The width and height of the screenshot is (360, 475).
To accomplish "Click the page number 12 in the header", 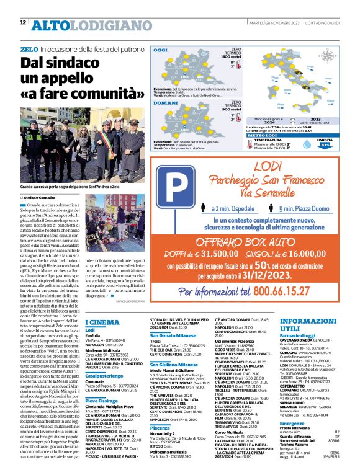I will [x=24, y=23].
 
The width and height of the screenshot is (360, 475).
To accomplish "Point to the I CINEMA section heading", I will [x=102, y=322].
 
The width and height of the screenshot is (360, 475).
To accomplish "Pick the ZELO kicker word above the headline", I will [x=29, y=48].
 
